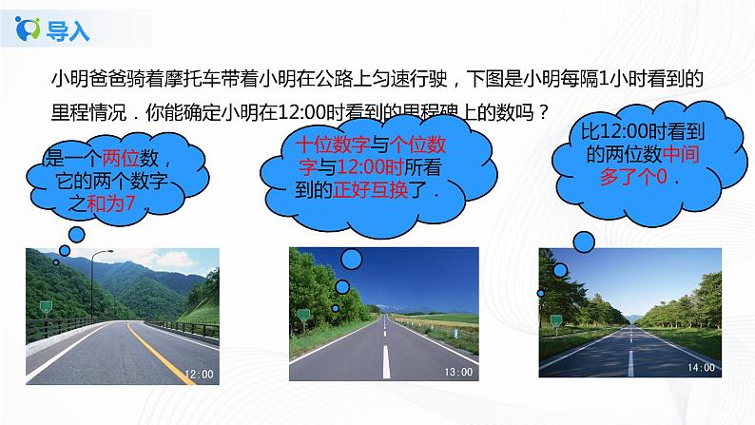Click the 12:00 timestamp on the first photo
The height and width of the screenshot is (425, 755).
click(198, 374)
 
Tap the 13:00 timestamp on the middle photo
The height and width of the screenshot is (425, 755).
click(458, 371)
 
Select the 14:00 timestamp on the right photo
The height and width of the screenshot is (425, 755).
click(702, 366)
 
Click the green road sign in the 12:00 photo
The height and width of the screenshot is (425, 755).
click(45, 305)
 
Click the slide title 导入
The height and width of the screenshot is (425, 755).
click(68, 30)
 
